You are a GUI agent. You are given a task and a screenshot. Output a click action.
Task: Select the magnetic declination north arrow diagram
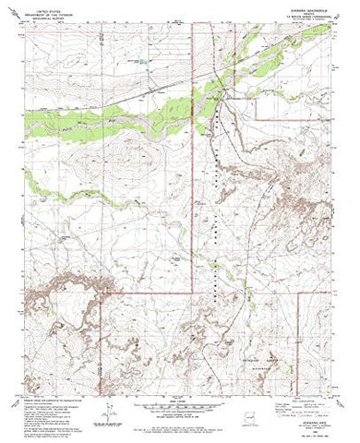(x=107, y=406)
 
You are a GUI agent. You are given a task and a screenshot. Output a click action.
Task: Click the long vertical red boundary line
(x=191, y=185)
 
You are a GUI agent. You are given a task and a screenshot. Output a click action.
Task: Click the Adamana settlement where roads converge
(x=218, y=92)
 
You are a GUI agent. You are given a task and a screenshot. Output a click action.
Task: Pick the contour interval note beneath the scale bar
(x=180, y=415)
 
